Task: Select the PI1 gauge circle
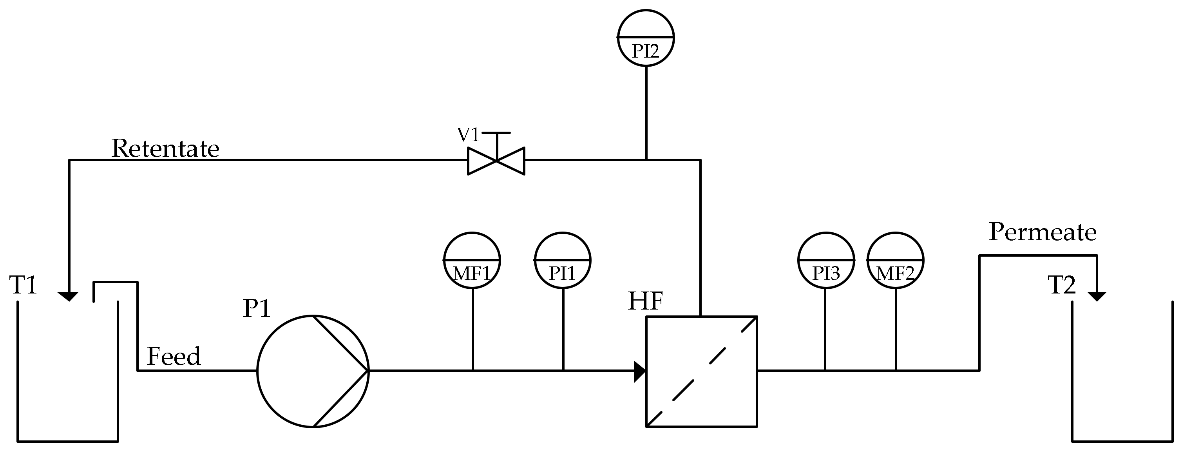click(563, 261)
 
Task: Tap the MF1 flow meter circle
click(472, 261)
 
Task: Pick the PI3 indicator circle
click(826, 261)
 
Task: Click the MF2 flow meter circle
click(895, 261)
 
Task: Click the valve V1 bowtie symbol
click(496, 161)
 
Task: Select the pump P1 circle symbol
click(313, 371)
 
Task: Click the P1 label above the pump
click(257, 309)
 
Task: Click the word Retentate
click(165, 149)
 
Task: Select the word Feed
click(174, 356)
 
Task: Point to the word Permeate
click(1043, 232)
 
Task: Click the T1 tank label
click(23, 285)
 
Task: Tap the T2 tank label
click(1062, 285)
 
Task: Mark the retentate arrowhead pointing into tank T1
click(69, 296)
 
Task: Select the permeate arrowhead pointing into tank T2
click(1097, 296)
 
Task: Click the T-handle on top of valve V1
click(496, 134)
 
